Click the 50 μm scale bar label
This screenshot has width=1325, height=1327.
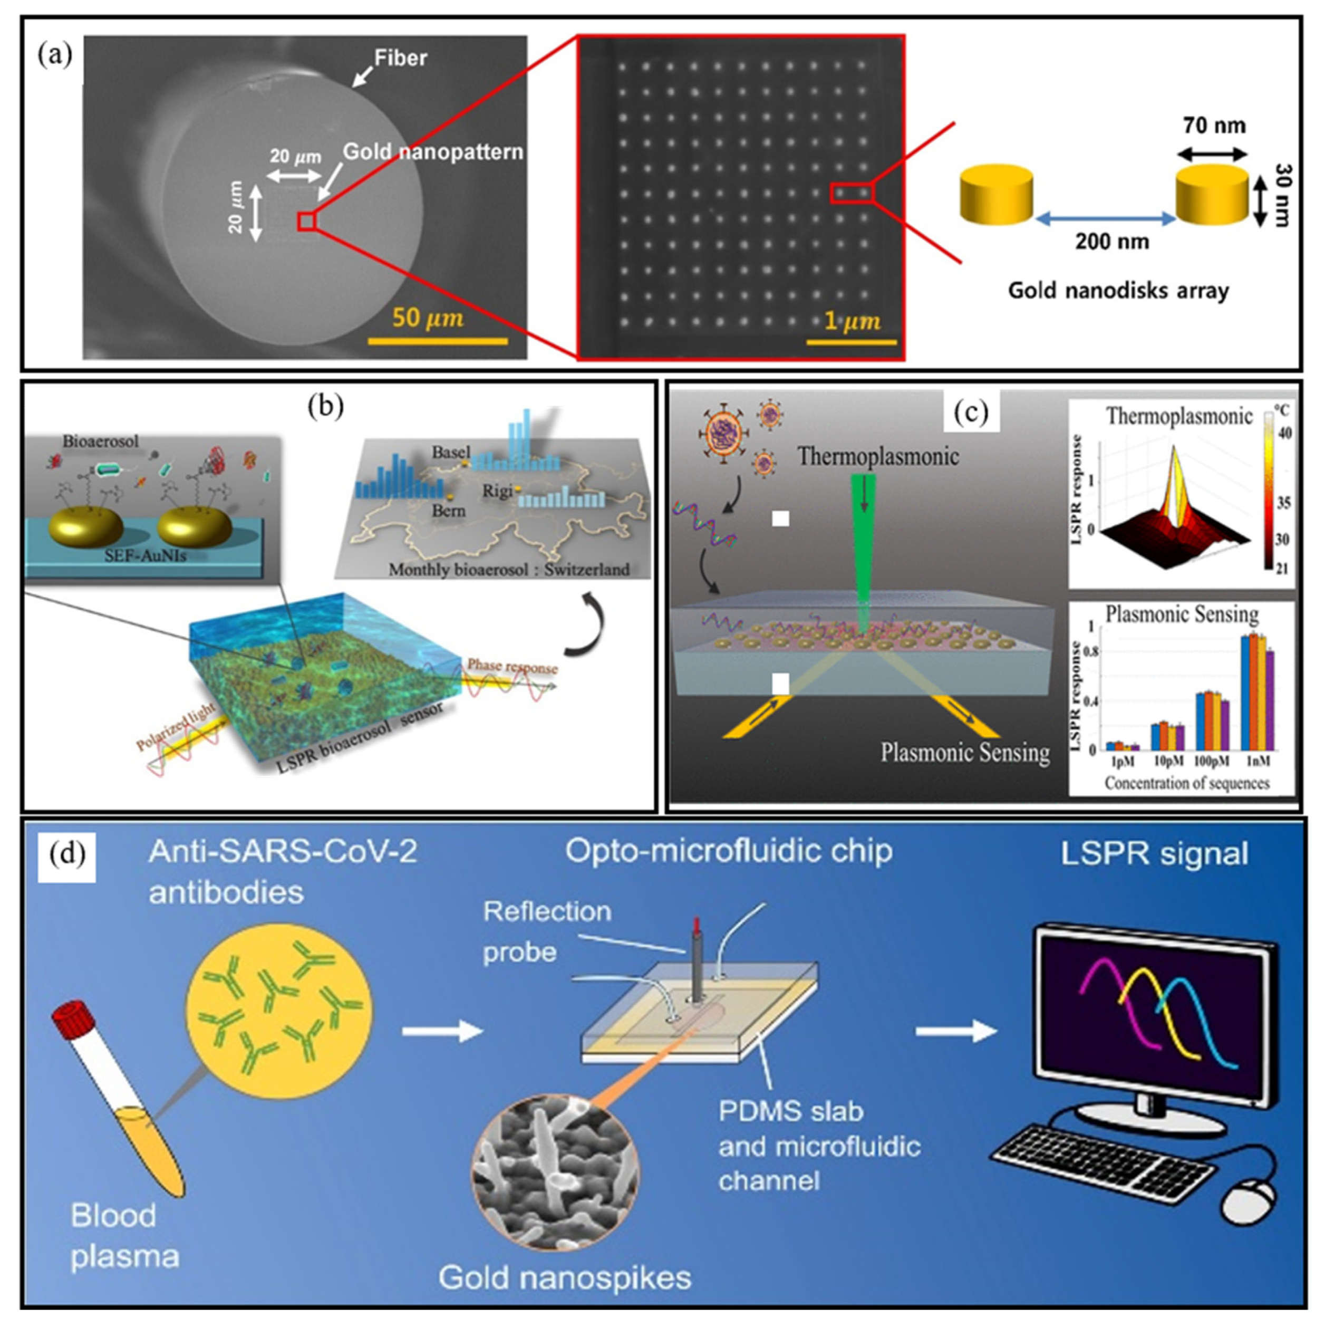428,318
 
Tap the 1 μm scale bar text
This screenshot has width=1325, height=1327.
852,321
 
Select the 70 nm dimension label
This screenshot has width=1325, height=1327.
1214,125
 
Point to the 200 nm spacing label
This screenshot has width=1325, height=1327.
1111,242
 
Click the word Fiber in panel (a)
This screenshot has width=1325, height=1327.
400,59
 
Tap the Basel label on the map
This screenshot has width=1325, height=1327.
450,452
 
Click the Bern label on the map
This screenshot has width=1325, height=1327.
448,511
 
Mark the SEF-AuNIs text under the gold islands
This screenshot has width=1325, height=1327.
145,555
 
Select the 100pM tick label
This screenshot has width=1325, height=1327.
1211,761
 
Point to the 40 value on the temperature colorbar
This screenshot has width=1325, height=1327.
1284,434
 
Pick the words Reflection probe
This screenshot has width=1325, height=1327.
546,931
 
